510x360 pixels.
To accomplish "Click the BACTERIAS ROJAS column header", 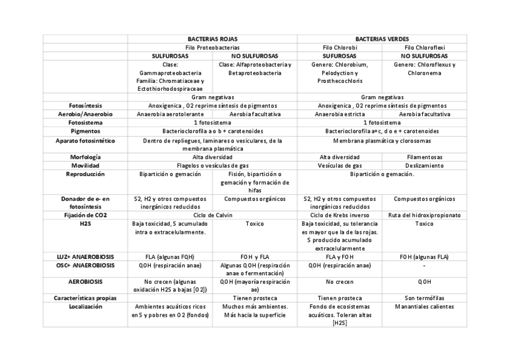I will (x=212, y=38).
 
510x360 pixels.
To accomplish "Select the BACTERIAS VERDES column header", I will (x=382, y=38).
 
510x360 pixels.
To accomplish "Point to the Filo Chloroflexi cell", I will (x=425, y=47).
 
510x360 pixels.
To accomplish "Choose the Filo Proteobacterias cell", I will (x=212, y=47).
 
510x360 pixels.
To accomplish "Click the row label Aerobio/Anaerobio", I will (x=85, y=114).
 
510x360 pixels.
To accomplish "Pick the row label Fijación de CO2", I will (x=85, y=215).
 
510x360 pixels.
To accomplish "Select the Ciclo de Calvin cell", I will (x=212, y=215).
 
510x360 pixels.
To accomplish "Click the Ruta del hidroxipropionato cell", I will (x=425, y=215).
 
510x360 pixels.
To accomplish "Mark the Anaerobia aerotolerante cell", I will (x=170, y=114).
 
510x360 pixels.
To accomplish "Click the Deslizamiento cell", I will (x=425, y=165).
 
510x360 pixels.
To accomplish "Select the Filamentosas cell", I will (x=425, y=157).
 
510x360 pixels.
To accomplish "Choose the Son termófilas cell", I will (x=425, y=297).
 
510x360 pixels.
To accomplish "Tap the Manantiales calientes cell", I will (x=425, y=307).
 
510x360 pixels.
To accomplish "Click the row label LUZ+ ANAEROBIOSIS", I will (x=85, y=256).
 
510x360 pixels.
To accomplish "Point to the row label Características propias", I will (x=85, y=297).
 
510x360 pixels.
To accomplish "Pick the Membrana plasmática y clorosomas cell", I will (x=382, y=140).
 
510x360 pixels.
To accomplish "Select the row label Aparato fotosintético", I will (x=85, y=140).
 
